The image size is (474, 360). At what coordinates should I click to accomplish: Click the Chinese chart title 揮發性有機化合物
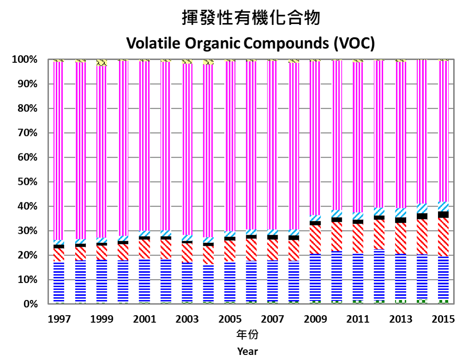tap(251, 18)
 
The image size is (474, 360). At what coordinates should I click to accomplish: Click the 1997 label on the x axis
tap(59, 319)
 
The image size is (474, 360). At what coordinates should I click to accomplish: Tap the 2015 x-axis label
tap(443, 319)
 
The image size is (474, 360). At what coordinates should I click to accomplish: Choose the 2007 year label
tap(272, 319)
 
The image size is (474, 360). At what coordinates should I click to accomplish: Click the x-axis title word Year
tap(248, 351)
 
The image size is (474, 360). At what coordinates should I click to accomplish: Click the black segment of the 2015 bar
tap(443, 214)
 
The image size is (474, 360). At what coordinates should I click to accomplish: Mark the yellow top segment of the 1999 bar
tap(101, 63)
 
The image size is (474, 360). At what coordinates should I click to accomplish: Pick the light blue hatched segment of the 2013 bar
tap(400, 212)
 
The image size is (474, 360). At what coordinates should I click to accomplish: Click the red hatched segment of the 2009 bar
tap(315, 239)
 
